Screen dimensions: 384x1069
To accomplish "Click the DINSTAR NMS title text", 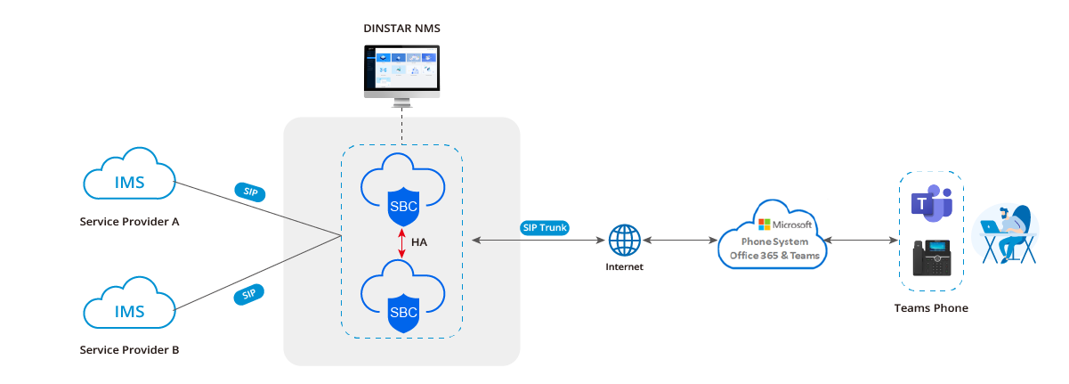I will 401,29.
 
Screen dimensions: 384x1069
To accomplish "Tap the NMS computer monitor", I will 401,71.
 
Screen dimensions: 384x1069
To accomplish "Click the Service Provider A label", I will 129,221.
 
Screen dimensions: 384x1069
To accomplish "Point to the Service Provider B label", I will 129,350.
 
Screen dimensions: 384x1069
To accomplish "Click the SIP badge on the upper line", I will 250,192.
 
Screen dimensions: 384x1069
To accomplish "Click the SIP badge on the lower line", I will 250,294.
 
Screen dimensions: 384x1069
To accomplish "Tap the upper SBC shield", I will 401,206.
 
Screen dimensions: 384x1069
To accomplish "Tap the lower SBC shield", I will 401,312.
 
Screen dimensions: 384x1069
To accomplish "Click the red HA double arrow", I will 401,241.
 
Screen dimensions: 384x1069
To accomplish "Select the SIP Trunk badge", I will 545,227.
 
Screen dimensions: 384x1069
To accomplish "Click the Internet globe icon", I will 624,241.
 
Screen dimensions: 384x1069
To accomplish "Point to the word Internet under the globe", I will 624,266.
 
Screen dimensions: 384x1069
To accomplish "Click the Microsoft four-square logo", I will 764,225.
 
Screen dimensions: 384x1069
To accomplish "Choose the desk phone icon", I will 931,259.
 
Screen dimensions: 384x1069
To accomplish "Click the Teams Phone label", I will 931,308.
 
